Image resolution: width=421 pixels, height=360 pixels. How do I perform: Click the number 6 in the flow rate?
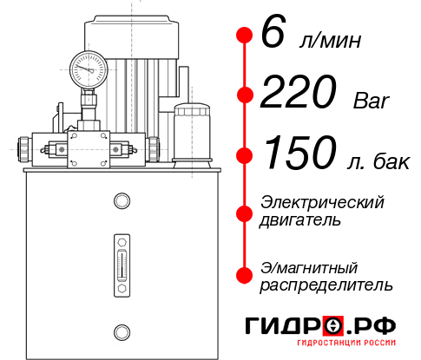272,36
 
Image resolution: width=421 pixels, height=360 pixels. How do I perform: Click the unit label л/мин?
327,41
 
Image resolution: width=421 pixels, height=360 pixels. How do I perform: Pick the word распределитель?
326,285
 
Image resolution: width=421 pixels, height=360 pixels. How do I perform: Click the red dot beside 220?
244,95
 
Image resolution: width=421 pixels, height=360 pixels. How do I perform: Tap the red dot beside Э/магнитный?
244,275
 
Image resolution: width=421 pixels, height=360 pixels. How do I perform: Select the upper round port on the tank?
121,201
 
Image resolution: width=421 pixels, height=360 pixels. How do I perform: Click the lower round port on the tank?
121,331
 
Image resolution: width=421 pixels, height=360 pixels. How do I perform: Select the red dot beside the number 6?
244,36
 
